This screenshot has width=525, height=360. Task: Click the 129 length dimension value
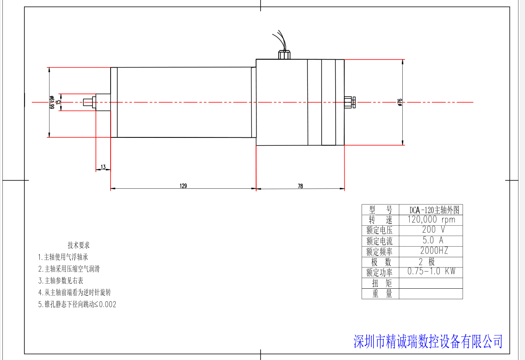pos(183,186)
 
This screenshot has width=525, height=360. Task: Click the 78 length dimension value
pos(300,186)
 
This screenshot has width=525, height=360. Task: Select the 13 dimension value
pos(103,167)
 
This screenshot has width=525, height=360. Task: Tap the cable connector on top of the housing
pos(284,55)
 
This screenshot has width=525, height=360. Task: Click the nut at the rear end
pos(350,102)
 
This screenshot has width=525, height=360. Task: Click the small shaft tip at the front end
pos(87,102)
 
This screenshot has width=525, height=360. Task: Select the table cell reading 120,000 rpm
pos(431,220)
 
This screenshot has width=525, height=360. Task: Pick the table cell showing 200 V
pos(431,230)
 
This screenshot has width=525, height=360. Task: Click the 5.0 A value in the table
pos(431,240)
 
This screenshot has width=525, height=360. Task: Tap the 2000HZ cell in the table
pos(431,251)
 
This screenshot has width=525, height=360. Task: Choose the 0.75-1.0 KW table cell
pos(431,272)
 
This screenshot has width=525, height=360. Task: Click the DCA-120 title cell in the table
pos(431,210)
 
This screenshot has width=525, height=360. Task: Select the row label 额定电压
pos(380,230)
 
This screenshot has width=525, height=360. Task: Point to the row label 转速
pos(380,220)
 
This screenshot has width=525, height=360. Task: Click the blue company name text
pos(428,341)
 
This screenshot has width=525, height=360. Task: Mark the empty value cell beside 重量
pos(431,293)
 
